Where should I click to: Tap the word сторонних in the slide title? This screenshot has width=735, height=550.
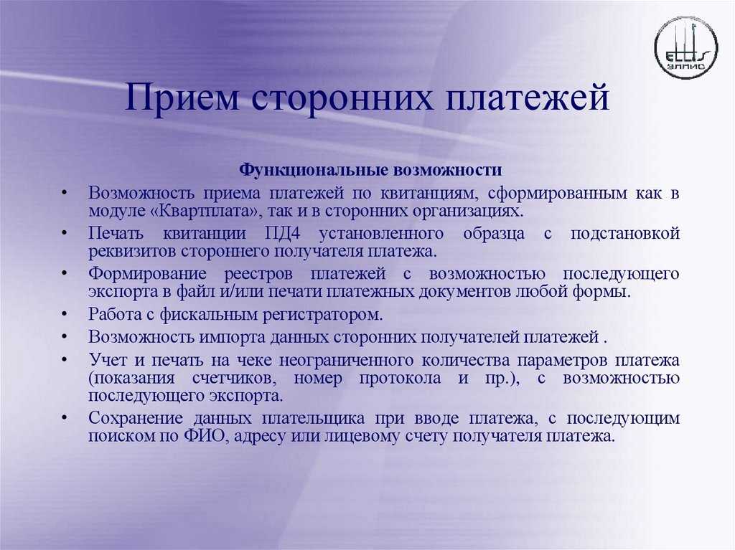[341, 98]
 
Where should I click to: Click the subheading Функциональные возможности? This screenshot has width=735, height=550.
[370, 171]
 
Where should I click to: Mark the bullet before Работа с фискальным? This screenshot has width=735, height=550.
[65, 315]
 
